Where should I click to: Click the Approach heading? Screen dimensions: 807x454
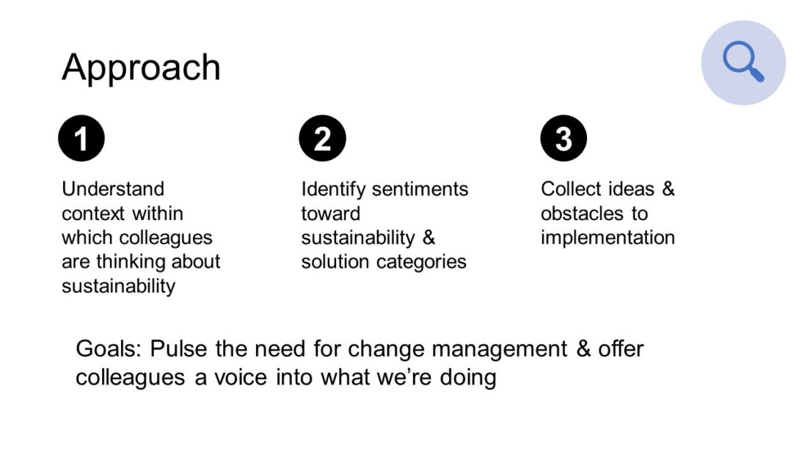[x=141, y=68]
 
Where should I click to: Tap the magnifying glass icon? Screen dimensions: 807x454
[x=743, y=62]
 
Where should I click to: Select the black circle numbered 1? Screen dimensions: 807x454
[x=81, y=138]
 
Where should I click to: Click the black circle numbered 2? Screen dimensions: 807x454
[x=322, y=138]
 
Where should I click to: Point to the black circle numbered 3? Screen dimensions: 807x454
[x=563, y=138]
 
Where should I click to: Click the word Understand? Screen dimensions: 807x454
[x=113, y=189]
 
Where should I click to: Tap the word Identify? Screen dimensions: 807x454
[x=334, y=190]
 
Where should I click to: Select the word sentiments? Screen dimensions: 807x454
[x=420, y=189]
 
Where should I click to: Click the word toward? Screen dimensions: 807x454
[x=330, y=213]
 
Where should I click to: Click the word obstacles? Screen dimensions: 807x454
[x=582, y=213]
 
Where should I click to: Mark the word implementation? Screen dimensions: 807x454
[x=608, y=238]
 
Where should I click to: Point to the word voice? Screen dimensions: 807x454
[x=241, y=377]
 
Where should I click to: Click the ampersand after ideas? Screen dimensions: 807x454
[x=668, y=189]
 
